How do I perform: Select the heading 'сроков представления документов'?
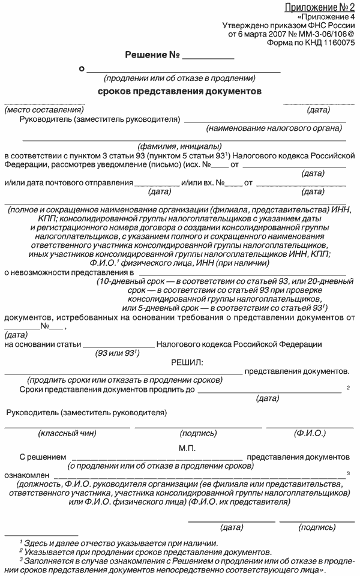pos(179,92)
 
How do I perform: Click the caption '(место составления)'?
pos(43,110)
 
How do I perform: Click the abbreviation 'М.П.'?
pos(187,447)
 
